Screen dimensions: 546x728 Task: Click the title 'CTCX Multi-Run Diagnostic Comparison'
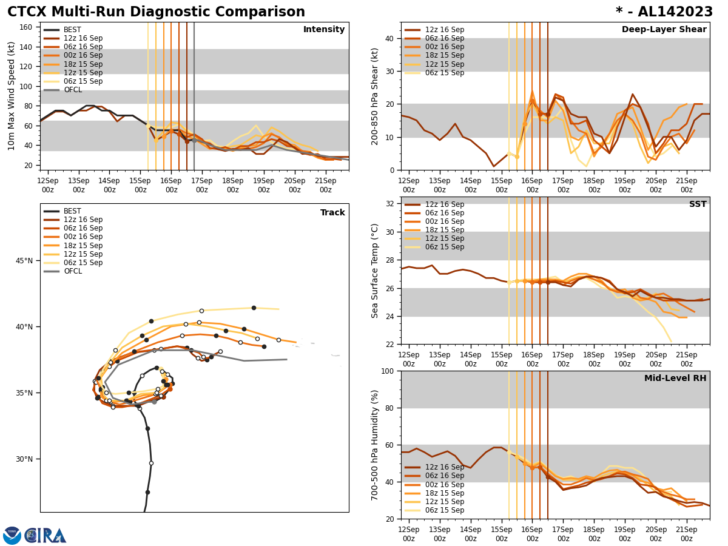pyautogui.click(x=156, y=12)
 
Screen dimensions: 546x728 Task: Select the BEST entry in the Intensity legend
pyautogui.click(x=72, y=30)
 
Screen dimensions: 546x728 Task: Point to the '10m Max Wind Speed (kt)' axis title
pyautogui.click(x=12, y=96)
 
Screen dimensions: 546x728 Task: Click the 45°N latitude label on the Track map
pyautogui.click(x=24, y=261)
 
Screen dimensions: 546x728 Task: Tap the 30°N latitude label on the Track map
pyautogui.click(x=24, y=459)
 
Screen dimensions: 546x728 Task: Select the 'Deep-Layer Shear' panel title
pyautogui.click(x=664, y=30)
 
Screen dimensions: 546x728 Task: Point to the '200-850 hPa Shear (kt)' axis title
pyautogui.click(x=375, y=96)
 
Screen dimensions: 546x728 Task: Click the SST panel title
pyautogui.click(x=697, y=204)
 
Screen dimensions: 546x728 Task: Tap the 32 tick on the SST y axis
pyautogui.click(x=391, y=204)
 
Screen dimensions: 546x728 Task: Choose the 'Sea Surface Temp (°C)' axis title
pyautogui.click(x=375, y=271)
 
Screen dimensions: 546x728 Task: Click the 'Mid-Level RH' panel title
pyautogui.click(x=675, y=379)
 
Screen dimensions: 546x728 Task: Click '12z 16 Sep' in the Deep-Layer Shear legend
pyautogui.click(x=445, y=30)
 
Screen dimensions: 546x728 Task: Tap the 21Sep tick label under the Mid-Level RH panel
pyautogui.click(x=686, y=534)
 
